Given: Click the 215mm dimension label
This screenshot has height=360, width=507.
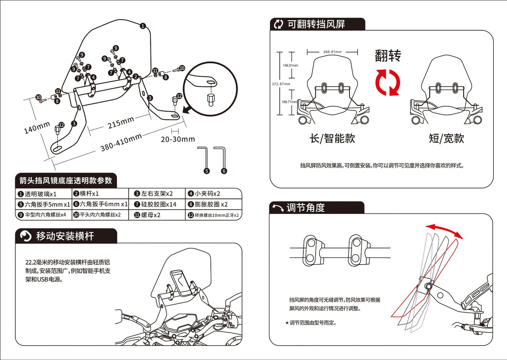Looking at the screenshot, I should click(x=121, y=122).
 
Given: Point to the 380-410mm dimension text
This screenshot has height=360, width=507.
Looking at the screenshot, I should click(x=121, y=143).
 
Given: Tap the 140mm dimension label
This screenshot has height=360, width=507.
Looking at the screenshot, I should click(x=37, y=127).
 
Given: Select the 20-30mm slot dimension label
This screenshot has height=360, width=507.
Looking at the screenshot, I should click(x=178, y=139).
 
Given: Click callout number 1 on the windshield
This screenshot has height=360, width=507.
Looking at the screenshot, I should click(x=143, y=26).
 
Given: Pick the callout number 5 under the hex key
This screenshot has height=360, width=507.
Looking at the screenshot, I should click(x=207, y=171).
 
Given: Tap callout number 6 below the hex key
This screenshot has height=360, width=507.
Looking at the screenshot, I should click(x=224, y=171).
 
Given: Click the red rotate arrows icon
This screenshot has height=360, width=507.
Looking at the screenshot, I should click(x=388, y=83).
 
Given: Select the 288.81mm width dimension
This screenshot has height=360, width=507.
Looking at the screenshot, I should click(x=332, y=52).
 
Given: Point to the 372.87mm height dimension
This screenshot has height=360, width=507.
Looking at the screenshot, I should click(x=281, y=84).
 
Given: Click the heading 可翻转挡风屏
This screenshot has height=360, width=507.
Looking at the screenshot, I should click(x=316, y=24).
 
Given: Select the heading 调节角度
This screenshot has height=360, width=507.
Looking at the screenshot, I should click(x=306, y=208).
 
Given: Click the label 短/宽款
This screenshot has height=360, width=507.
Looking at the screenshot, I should click(x=446, y=138).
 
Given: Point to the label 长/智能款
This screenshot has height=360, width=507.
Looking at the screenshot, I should click(x=332, y=138).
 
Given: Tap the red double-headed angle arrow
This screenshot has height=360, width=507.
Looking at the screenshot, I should click(x=444, y=230).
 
